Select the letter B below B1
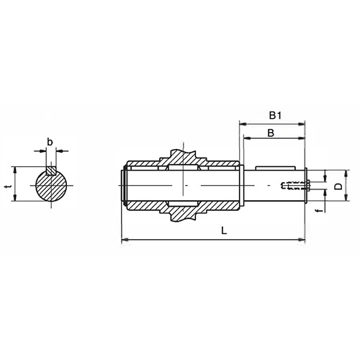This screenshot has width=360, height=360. point(270,132)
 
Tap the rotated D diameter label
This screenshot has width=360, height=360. point(336,186)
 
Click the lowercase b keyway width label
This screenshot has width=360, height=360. point(49,141)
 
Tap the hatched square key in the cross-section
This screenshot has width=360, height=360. point(49,171)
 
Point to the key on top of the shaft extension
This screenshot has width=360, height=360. point(277,171)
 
